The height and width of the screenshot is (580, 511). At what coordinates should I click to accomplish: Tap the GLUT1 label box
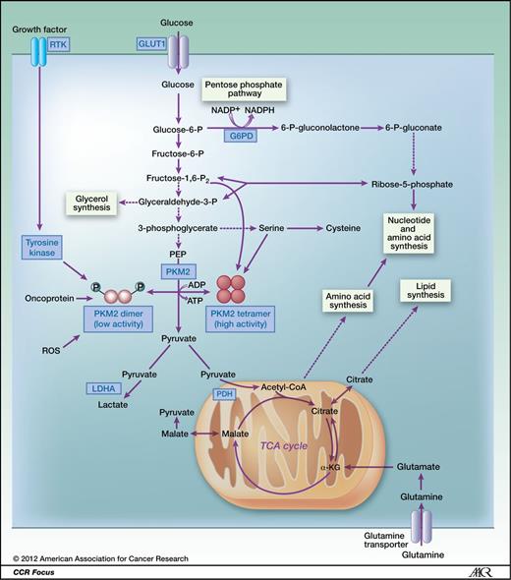tap(152, 44)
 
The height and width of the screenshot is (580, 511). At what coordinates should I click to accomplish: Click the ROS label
tap(53, 349)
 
